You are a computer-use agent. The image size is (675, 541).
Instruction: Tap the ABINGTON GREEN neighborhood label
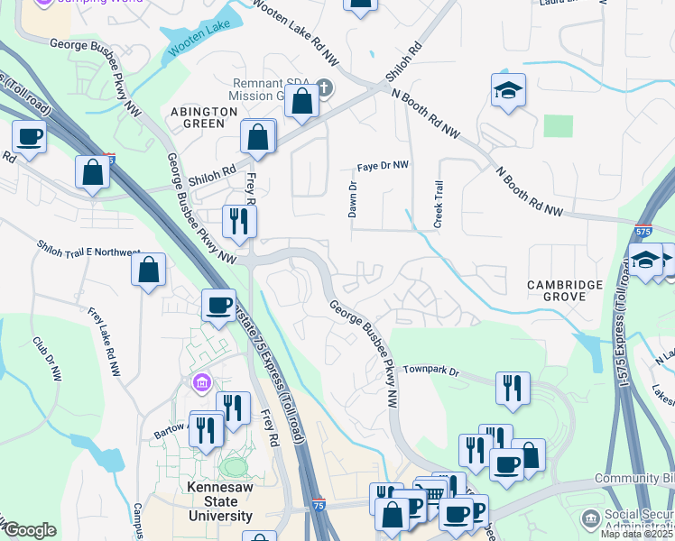[204, 117]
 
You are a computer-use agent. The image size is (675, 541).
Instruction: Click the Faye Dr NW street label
[383, 166]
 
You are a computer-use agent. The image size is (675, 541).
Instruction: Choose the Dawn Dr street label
[353, 200]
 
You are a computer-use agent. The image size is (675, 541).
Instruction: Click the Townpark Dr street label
[431, 371]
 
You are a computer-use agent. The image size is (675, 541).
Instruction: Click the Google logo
[30, 530]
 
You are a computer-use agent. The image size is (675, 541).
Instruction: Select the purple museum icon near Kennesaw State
[200, 385]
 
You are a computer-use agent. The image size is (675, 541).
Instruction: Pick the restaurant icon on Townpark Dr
[513, 387]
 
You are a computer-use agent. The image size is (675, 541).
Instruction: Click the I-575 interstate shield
[643, 232]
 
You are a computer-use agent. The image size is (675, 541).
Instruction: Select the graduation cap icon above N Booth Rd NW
[509, 89]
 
